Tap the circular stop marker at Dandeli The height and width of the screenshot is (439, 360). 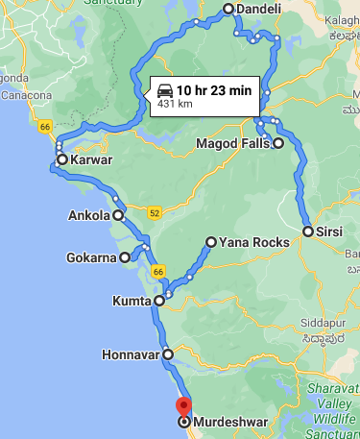coord(228,10)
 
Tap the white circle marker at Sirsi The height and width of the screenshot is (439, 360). coord(308,232)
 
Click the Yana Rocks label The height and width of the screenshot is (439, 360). coord(253,242)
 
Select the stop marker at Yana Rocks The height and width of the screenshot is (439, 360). coord(211,242)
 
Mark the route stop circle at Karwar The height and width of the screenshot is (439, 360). coord(61,159)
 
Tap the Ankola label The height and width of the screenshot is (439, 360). coord(89,216)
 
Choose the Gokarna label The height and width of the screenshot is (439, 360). coord(91,257)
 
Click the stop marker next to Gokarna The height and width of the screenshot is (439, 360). coord(125,257)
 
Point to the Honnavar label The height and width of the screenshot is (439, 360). coord(130,354)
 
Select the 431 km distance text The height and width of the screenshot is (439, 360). coord(176,103)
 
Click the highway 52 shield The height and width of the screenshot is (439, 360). coord(153,209)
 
